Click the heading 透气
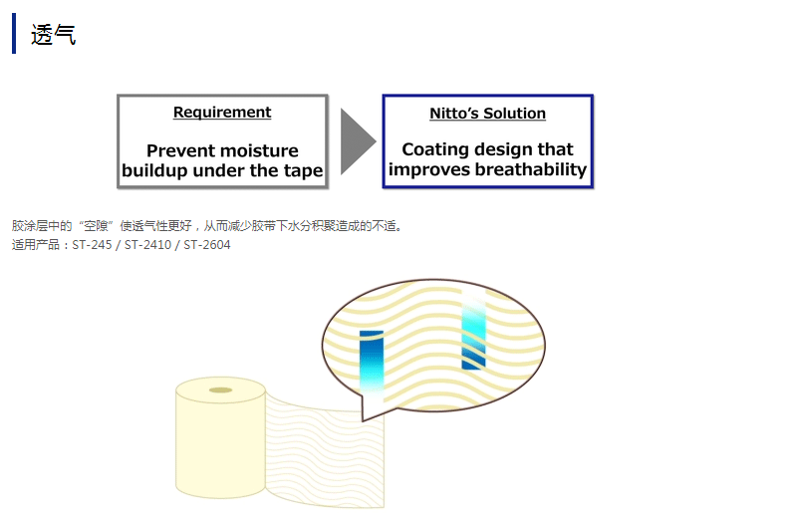[x=53, y=35]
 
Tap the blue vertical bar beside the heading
[x=14, y=33]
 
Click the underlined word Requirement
[x=222, y=112]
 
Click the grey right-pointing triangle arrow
[x=358, y=141]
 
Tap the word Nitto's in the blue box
[x=454, y=113]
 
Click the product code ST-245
[x=92, y=245]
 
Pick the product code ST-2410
[x=147, y=245]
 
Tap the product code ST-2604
[x=206, y=245]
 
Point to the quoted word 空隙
[x=96, y=225]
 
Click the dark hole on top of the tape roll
[x=220, y=390]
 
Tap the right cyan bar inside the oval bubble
[x=473, y=331]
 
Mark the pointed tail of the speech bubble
[x=363, y=419]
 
